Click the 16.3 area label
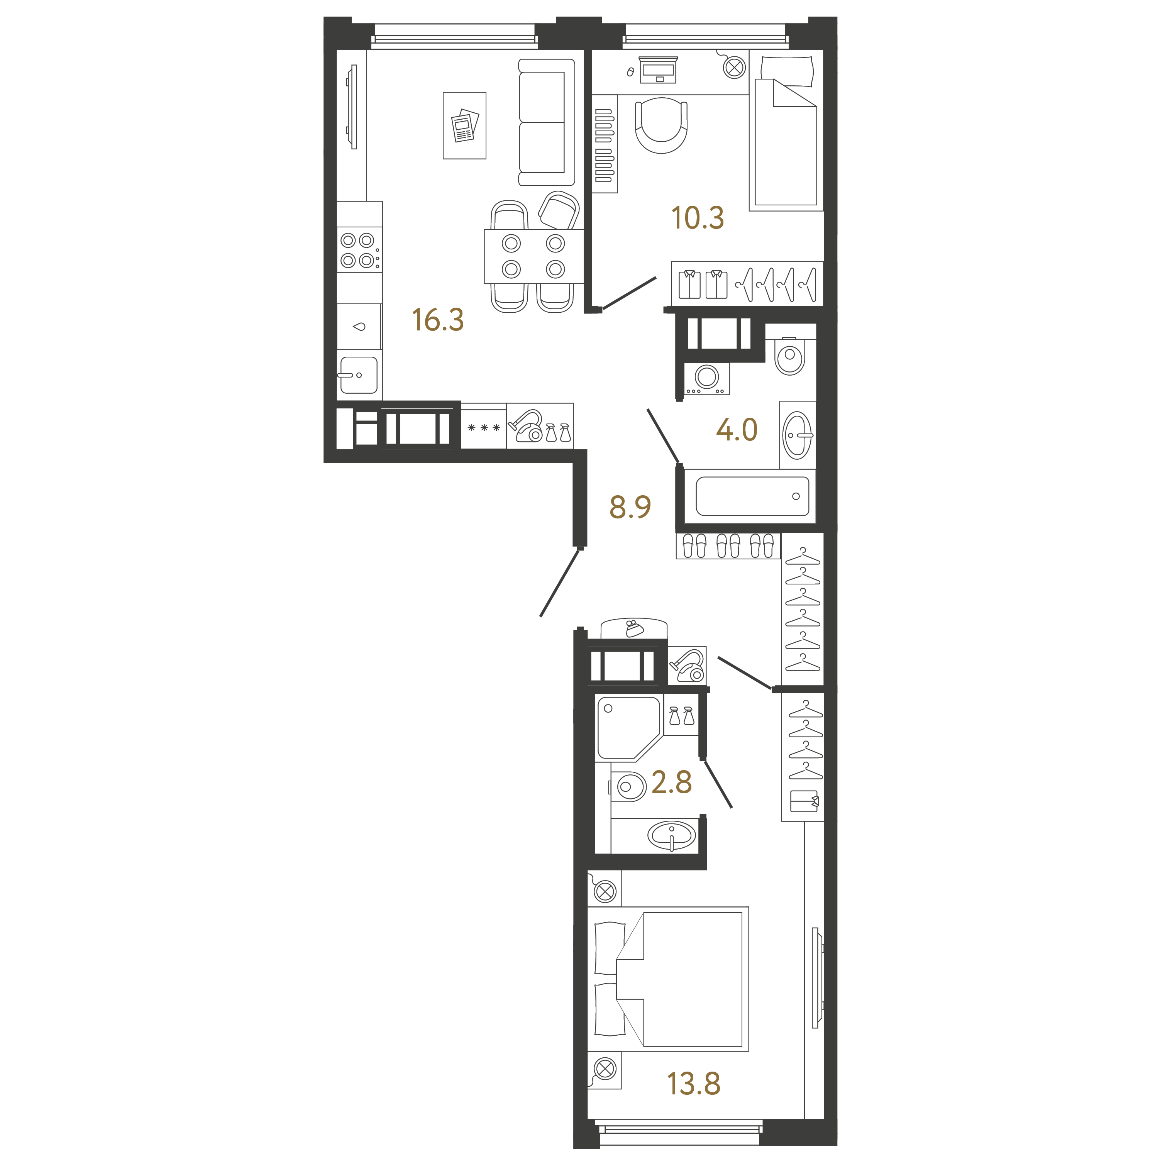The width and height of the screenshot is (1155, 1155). click(438, 320)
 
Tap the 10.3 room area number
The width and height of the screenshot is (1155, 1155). click(698, 218)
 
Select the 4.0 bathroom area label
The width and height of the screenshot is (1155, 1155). click(737, 430)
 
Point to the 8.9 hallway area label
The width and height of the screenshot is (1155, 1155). click(630, 507)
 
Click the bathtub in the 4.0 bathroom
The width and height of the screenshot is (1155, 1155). click(752, 496)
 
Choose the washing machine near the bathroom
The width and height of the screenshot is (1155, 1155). click(707, 378)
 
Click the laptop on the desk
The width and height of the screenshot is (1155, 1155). click(658, 70)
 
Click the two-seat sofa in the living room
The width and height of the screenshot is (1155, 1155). click(546, 122)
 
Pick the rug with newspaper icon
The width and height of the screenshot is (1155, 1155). click(464, 125)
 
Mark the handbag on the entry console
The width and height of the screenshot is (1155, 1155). click(634, 629)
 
